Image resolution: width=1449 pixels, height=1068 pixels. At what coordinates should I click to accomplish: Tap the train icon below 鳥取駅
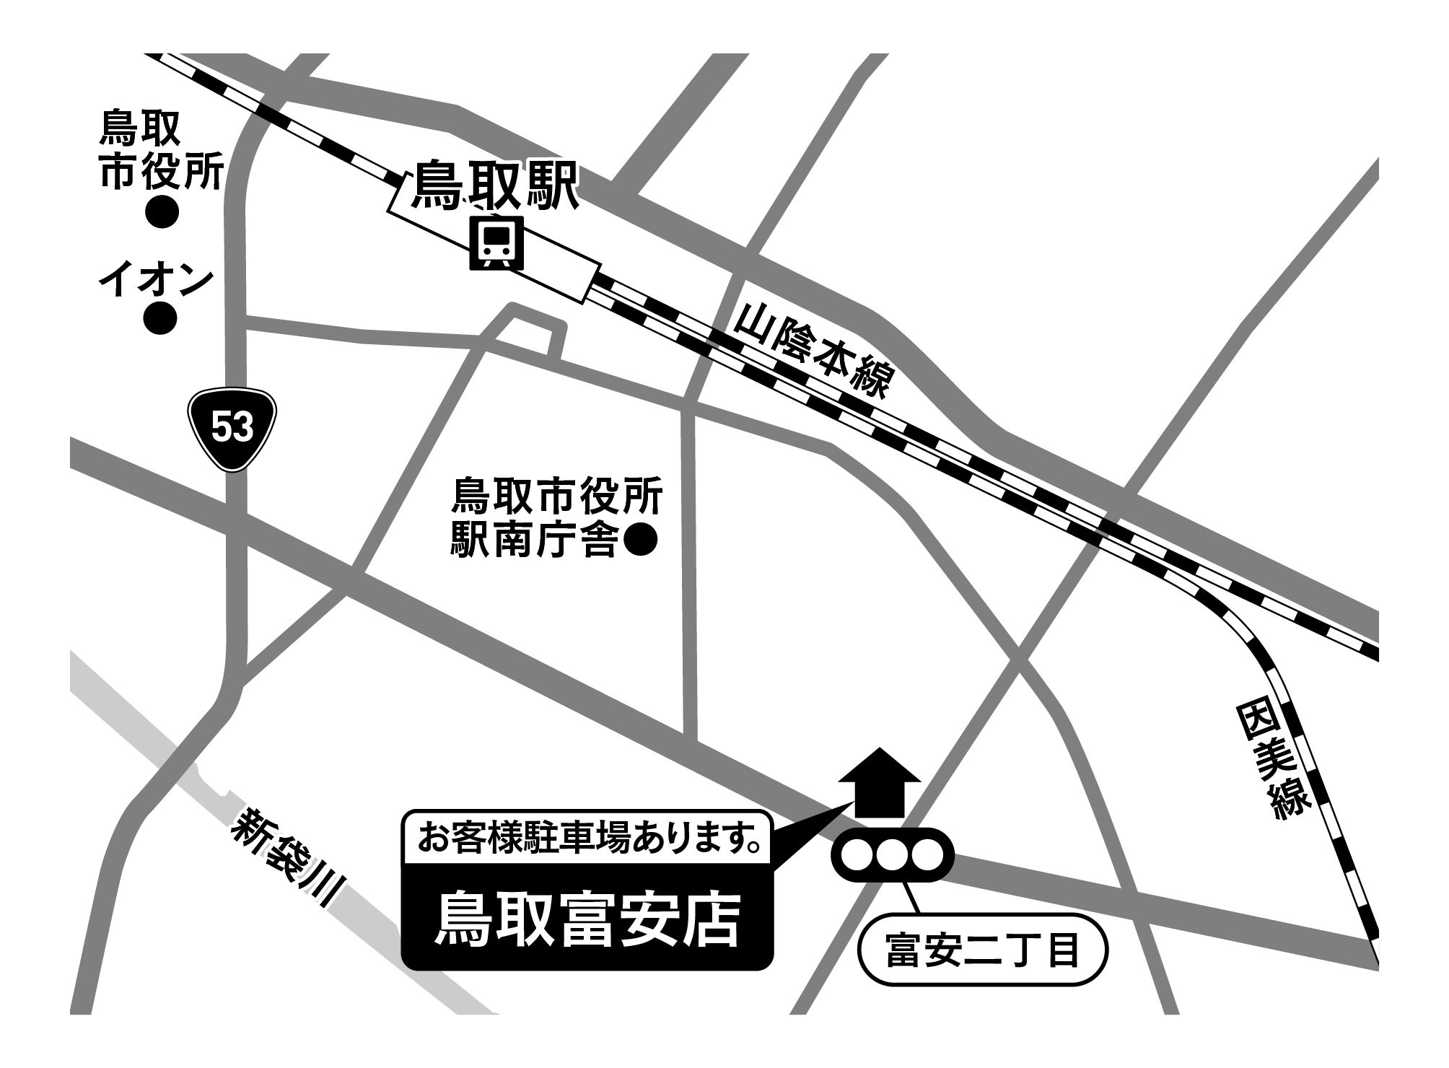(x=496, y=244)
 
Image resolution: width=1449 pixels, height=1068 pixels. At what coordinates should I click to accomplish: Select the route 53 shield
(x=233, y=430)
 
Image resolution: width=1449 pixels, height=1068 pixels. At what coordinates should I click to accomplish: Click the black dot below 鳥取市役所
(x=162, y=211)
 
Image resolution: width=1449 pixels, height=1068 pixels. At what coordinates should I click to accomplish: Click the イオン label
(x=157, y=280)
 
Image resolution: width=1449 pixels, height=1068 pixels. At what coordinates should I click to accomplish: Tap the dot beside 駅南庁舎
(x=639, y=540)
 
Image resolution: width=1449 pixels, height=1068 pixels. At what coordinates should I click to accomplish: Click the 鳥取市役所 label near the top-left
(x=160, y=150)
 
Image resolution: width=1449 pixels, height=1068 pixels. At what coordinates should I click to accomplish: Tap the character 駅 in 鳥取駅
(x=550, y=185)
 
